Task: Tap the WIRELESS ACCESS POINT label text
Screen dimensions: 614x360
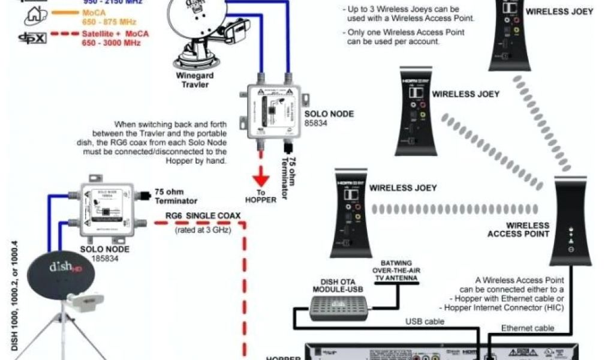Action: (x=519, y=230)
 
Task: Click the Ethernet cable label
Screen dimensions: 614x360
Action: (x=528, y=328)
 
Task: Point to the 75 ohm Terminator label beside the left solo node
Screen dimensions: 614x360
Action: (x=176, y=196)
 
